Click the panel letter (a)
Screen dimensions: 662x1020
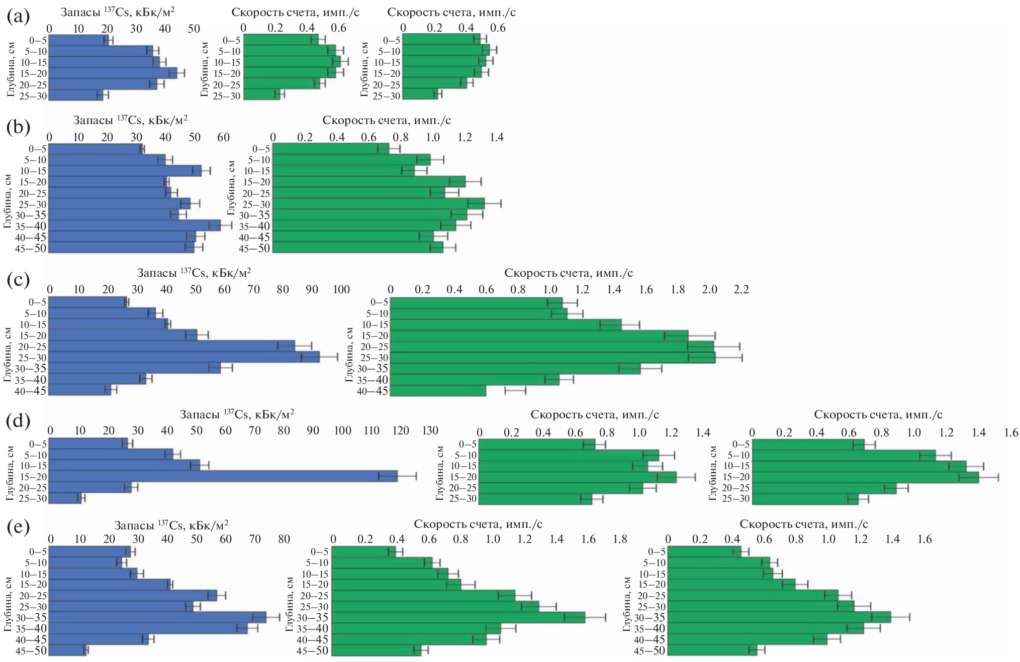pyautogui.click(x=18, y=17)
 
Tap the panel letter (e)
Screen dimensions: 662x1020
pyautogui.click(x=18, y=527)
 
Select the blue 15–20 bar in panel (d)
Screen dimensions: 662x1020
pyautogui.click(x=224, y=476)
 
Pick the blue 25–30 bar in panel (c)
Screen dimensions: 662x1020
pyautogui.click(x=184, y=357)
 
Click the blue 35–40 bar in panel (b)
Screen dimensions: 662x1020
pyautogui.click(x=135, y=226)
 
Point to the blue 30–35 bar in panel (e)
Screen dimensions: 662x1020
pyautogui.click(x=158, y=617)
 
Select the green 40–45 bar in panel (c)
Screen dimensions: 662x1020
pyautogui.click(x=438, y=390)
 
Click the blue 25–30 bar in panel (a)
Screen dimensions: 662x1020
pyautogui.click(x=76, y=95)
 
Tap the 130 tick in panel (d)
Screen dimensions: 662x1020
pyautogui.click(x=430, y=430)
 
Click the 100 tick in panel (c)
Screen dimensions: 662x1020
pyautogui.click(x=341, y=289)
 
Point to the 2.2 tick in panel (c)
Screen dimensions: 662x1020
pyautogui.click(x=741, y=289)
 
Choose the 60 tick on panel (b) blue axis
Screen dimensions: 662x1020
pyautogui.click(x=223, y=137)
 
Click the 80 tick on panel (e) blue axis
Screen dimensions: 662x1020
pyautogui.click(x=284, y=539)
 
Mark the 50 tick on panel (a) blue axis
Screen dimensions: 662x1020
pyautogui.click(x=194, y=28)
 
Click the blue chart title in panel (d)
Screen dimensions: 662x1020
pyautogui.click(x=237, y=415)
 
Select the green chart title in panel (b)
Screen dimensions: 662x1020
pyautogui.click(x=386, y=121)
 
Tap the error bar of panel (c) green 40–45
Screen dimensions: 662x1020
pyautogui.click(x=515, y=390)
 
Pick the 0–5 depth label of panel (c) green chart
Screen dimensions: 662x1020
pyautogui.click(x=379, y=302)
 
